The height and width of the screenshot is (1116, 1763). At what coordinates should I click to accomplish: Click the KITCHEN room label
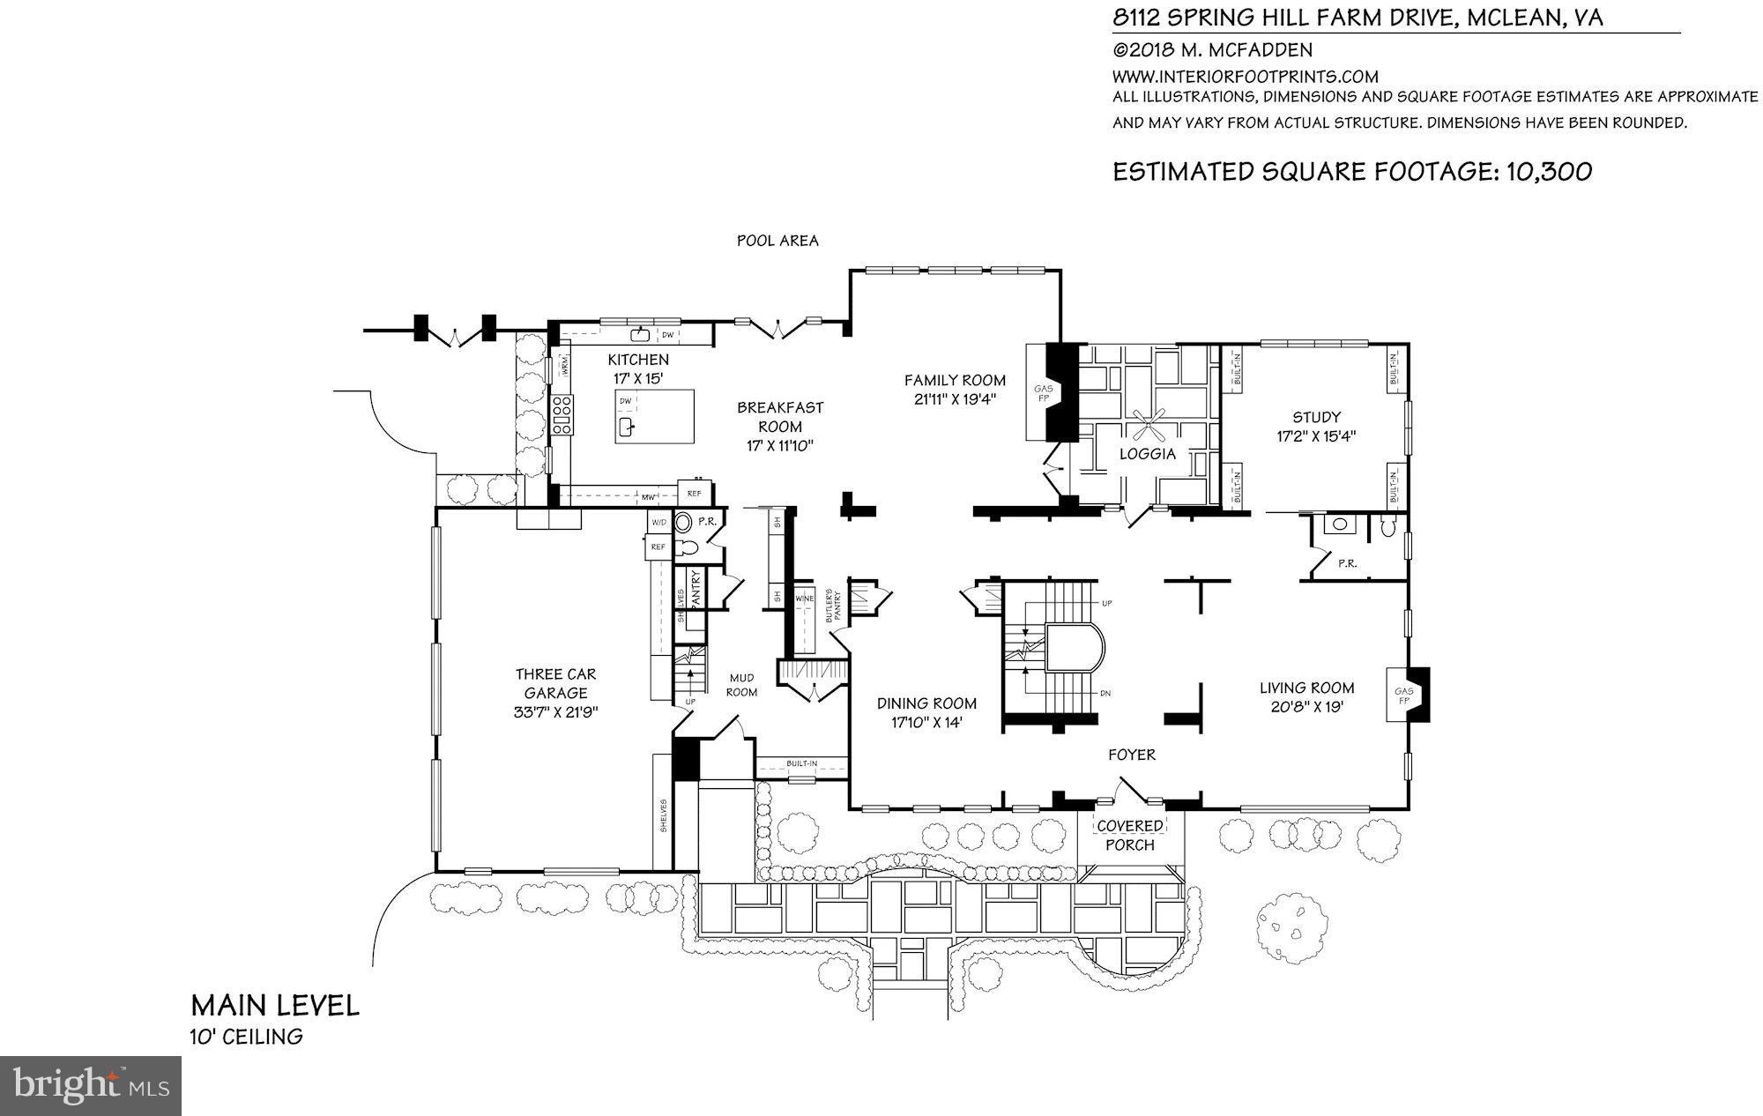pyautogui.click(x=638, y=360)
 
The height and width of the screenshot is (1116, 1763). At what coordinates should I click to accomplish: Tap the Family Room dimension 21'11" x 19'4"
pyautogui.click(x=955, y=399)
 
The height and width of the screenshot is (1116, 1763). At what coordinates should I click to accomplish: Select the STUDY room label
pyautogui.click(x=1316, y=417)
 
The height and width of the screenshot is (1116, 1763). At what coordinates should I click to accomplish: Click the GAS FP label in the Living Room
pyautogui.click(x=1403, y=696)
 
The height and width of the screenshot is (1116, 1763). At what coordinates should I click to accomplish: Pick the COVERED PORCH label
pyautogui.click(x=1130, y=835)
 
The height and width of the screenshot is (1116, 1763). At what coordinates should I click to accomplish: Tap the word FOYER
pyautogui.click(x=1132, y=755)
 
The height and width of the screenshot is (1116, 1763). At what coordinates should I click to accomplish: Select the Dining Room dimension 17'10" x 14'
pyautogui.click(x=926, y=722)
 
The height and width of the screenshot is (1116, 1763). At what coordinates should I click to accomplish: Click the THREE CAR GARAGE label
pyautogui.click(x=555, y=683)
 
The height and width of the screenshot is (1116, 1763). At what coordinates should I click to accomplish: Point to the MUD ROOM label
pyautogui.click(x=742, y=685)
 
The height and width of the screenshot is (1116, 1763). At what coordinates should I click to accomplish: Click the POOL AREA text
pyautogui.click(x=777, y=241)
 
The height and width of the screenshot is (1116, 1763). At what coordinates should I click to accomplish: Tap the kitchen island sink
pyautogui.click(x=627, y=428)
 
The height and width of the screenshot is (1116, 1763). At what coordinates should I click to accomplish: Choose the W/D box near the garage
pyautogui.click(x=658, y=523)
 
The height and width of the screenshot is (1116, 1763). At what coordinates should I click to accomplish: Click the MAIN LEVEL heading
pyautogui.click(x=275, y=1006)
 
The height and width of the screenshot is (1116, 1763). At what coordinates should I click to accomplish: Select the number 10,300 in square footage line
pyautogui.click(x=1549, y=171)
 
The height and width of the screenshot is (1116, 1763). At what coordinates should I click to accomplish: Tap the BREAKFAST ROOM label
pyautogui.click(x=780, y=416)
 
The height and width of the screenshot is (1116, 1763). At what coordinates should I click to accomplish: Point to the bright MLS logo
pyautogui.click(x=91, y=1085)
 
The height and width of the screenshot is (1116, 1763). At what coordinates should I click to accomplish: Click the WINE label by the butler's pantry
pyautogui.click(x=805, y=599)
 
